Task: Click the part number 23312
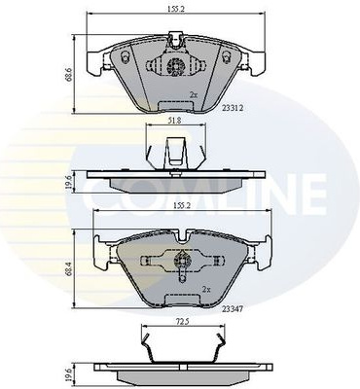pyautogui.click(x=233, y=108)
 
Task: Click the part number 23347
pyautogui.click(x=233, y=309)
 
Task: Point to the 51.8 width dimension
pyautogui.click(x=174, y=120)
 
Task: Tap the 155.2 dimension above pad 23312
pyautogui.click(x=176, y=10)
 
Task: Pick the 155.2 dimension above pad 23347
pyautogui.click(x=182, y=206)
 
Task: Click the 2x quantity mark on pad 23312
pyautogui.click(x=194, y=95)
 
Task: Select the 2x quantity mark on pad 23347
pyautogui.click(x=206, y=289)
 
